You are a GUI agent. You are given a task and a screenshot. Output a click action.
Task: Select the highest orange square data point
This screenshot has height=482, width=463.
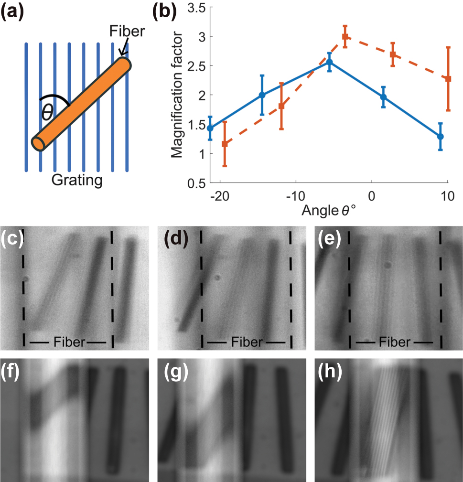pos(345,37)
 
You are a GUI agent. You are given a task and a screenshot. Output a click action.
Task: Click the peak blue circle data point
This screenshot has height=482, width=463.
pos(329,63)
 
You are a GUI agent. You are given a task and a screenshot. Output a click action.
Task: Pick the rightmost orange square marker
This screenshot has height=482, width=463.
pos(448,78)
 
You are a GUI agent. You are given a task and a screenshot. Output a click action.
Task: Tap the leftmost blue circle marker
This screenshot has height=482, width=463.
pos(210,128)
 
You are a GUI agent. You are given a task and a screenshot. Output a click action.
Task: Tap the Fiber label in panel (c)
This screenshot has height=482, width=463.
pos(67,342)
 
